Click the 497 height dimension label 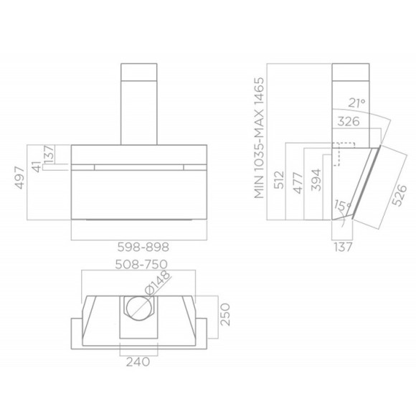pyautogui.click(x=20, y=178)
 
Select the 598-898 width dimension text pyautogui.click(x=143, y=247)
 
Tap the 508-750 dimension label pyautogui.click(x=142, y=264)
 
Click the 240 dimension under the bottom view pyautogui.click(x=138, y=361)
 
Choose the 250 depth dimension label pyautogui.click(x=225, y=314)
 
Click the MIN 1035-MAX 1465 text pyautogui.click(x=259, y=138)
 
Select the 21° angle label pyautogui.click(x=357, y=103)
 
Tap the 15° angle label pyautogui.click(x=342, y=205)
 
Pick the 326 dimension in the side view pyautogui.click(x=349, y=121)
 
